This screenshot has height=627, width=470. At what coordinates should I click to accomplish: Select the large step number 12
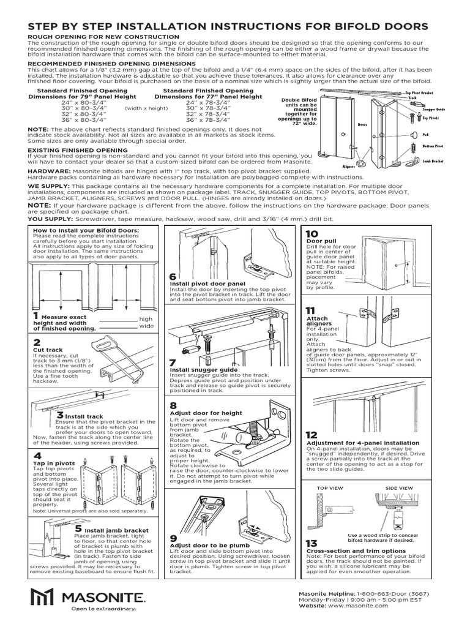312,435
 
